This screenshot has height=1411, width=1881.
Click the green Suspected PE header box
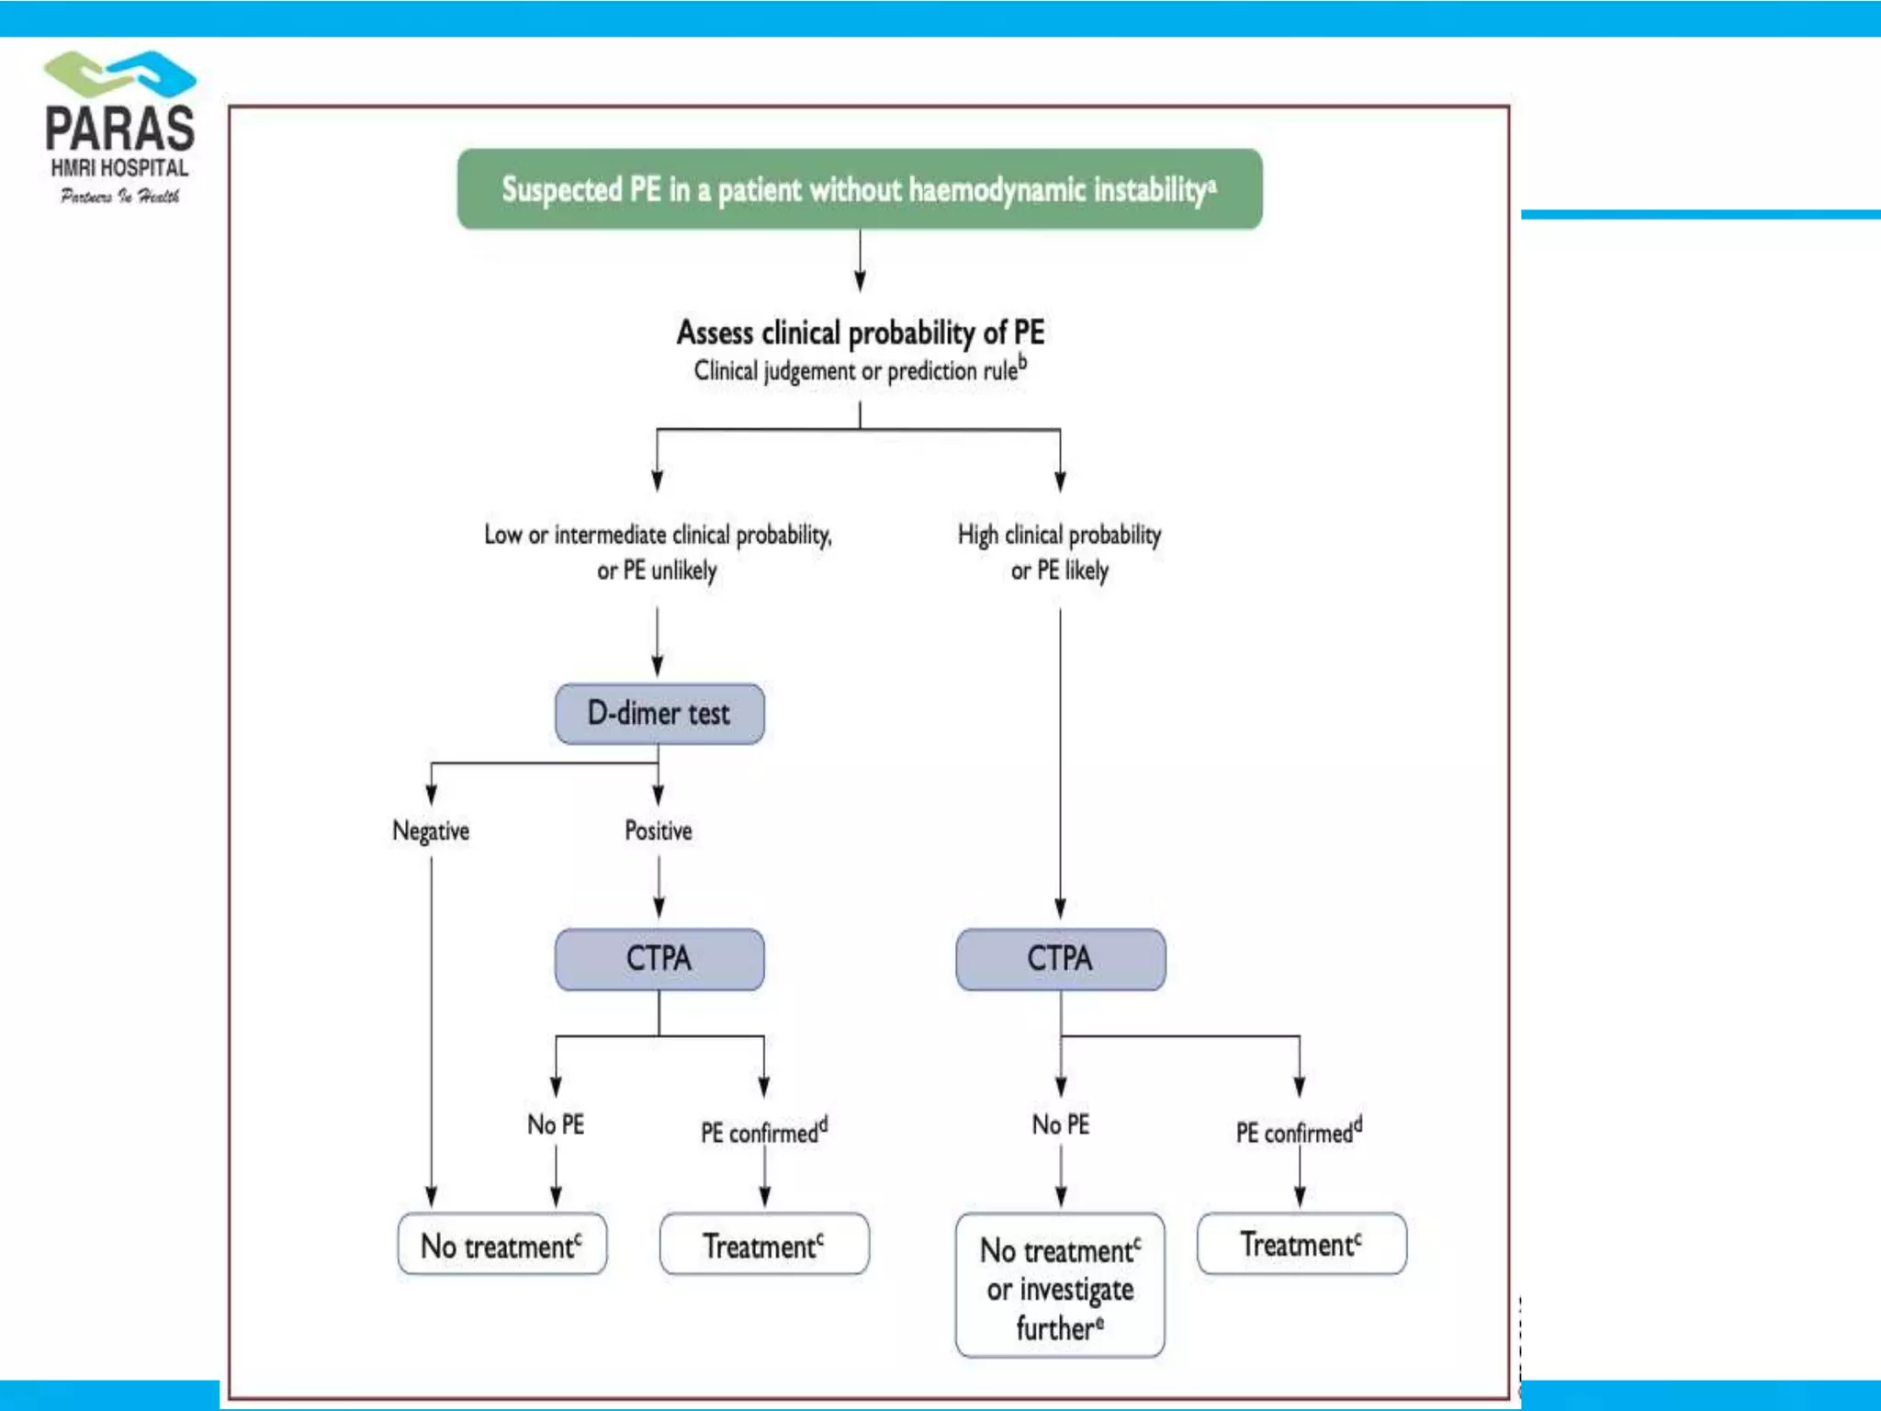tap(860, 189)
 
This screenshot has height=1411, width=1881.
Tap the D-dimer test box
tap(659, 714)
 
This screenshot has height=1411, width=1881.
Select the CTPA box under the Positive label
tap(659, 959)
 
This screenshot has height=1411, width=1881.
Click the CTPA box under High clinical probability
tap(1060, 959)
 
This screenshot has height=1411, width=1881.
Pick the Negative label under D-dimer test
tap(431, 830)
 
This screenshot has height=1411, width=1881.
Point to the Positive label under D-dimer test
tap(659, 830)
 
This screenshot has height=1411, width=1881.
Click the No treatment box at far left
tap(501, 1246)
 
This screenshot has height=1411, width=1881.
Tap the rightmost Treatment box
tap(1301, 1244)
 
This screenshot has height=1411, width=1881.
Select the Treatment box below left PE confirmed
tap(763, 1246)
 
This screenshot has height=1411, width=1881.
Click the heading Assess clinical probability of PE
tap(860, 332)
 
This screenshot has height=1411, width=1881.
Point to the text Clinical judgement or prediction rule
tap(860, 370)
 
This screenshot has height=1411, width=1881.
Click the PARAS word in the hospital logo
tap(119, 130)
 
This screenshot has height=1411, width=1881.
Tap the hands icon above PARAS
tap(120, 74)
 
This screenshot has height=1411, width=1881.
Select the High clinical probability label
tap(1059, 551)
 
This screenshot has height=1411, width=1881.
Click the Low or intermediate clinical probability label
tap(658, 551)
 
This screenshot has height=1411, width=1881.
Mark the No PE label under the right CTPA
tap(1060, 1124)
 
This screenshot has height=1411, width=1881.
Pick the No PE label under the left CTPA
tap(555, 1124)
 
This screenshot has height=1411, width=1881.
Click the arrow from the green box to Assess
tap(860, 261)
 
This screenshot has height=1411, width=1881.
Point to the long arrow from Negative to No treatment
tap(431, 1029)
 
